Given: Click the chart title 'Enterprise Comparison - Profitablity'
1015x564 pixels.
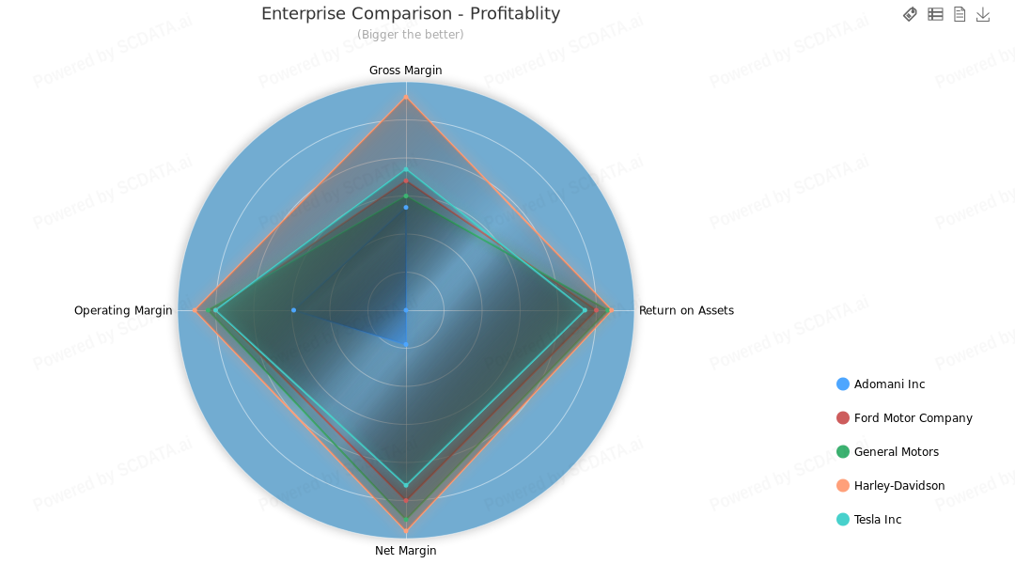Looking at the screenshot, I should click(x=411, y=14).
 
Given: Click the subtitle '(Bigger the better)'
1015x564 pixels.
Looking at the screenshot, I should click(x=410, y=35).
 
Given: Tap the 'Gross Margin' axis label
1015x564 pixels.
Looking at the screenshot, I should click(x=405, y=70).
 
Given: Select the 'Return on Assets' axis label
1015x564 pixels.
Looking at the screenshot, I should click(x=686, y=310).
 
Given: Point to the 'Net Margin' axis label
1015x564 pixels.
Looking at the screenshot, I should click(x=405, y=551).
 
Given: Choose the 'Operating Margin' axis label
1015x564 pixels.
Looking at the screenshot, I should click(x=123, y=310).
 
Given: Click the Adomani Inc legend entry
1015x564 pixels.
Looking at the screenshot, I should click(x=888, y=384).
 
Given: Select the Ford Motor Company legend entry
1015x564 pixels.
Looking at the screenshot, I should click(x=912, y=418).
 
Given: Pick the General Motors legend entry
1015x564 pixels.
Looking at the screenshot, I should click(x=895, y=452).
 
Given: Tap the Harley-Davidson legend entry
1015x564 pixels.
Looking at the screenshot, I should click(x=898, y=486).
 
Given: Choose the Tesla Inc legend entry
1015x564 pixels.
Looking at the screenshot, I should click(x=877, y=520).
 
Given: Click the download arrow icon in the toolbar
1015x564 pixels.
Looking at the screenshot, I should click(x=983, y=14).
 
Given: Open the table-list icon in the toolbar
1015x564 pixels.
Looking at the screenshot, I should click(x=935, y=14).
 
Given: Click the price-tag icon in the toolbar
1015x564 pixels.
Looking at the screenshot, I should click(x=910, y=14).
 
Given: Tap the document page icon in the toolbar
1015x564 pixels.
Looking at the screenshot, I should click(x=960, y=14).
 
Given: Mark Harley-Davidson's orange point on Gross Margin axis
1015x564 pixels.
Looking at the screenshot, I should click(x=406, y=97).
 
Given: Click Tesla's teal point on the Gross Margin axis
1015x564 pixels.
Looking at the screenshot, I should click(x=406, y=169).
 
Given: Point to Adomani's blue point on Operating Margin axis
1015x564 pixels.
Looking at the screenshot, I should click(x=293, y=310).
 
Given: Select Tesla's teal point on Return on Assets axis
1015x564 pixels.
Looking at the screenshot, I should click(x=585, y=310).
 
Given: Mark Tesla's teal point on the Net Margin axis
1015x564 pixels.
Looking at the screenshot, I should click(x=406, y=485).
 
